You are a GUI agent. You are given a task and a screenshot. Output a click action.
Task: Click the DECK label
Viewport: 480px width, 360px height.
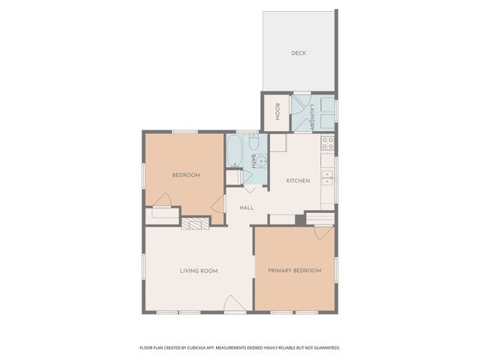tap(298, 53)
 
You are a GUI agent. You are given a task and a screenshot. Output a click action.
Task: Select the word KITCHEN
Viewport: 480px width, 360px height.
tap(298, 181)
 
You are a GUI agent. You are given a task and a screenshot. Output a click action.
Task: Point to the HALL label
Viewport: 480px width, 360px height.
tap(246, 208)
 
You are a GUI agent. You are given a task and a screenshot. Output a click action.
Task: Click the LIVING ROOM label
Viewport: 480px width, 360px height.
tap(199, 271)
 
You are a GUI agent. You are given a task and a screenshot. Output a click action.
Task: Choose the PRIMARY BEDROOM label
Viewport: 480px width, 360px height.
tap(295, 271)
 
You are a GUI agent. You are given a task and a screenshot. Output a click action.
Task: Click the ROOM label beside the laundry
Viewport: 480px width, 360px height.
tap(277, 112)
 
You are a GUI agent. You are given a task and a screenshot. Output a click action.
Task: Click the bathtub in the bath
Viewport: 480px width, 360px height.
tap(235, 151)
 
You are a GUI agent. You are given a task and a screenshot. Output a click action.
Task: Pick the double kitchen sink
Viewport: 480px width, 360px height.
tap(328, 177)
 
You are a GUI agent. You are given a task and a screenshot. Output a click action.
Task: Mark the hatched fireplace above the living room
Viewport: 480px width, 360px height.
tap(195, 223)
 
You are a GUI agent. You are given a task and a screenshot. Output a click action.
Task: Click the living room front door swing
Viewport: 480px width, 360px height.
tap(233, 304)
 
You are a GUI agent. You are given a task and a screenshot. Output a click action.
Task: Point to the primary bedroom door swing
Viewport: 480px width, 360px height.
tap(323, 232)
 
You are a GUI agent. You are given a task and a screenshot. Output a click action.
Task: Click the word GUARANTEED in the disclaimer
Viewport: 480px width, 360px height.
tap(324, 348)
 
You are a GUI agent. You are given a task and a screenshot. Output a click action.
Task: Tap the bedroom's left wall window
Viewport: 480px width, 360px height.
tap(144, 175)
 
